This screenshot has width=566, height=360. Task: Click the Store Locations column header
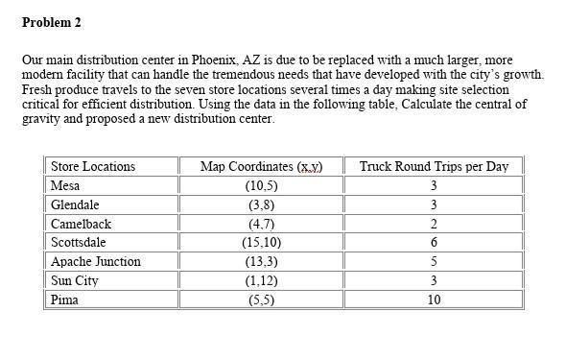tap(92, 166)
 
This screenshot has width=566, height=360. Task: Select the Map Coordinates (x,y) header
tap(261, 166)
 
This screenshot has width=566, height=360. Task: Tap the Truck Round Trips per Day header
tap(434, 166)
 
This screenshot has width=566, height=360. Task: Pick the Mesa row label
tap(65, 185)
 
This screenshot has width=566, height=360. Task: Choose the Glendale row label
tap(75, 204)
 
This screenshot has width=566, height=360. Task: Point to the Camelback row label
tap(81, 224)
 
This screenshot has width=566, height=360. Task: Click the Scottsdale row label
tap(78, 242)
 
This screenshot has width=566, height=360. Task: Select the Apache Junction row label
tap(96, 261)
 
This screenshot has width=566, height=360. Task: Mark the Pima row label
tap(64, 300)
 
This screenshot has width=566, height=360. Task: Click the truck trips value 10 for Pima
tap(434, 300)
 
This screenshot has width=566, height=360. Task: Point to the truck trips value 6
tap(434, 242)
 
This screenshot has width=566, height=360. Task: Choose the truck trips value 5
tap(434, 261)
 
